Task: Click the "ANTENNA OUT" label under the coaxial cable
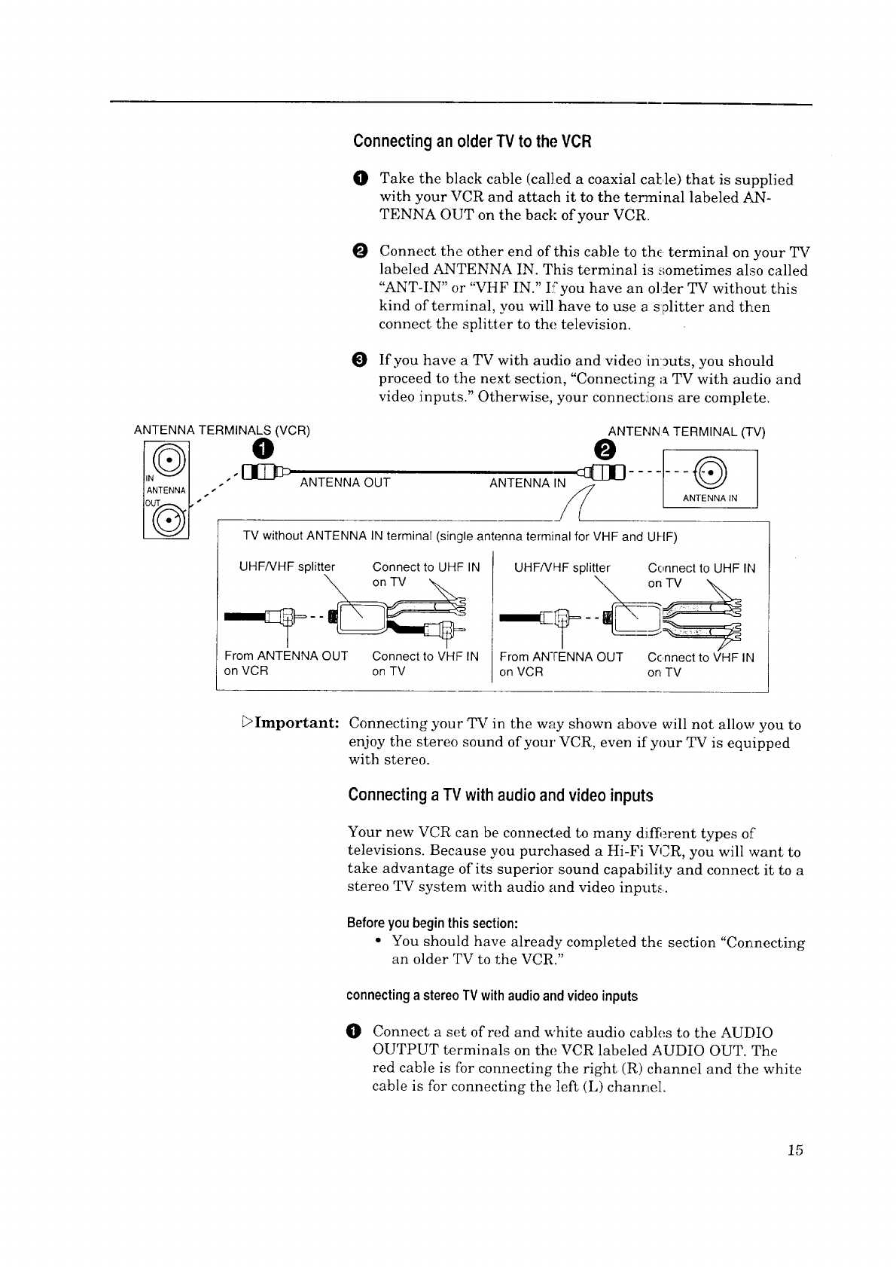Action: (x=345, y=483)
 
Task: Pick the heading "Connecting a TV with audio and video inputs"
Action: (x=501, y=795)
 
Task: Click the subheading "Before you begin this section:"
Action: (x=432, y=924)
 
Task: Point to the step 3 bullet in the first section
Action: (x=359, y=361)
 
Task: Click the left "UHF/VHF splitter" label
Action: (x=286, y=567)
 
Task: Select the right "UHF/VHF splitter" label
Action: (x=562, y=567)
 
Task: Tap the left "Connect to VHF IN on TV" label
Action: (x=425, y=664)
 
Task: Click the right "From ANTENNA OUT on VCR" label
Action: (x=561, y=664)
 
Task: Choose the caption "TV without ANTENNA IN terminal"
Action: (x=459, y=537)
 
